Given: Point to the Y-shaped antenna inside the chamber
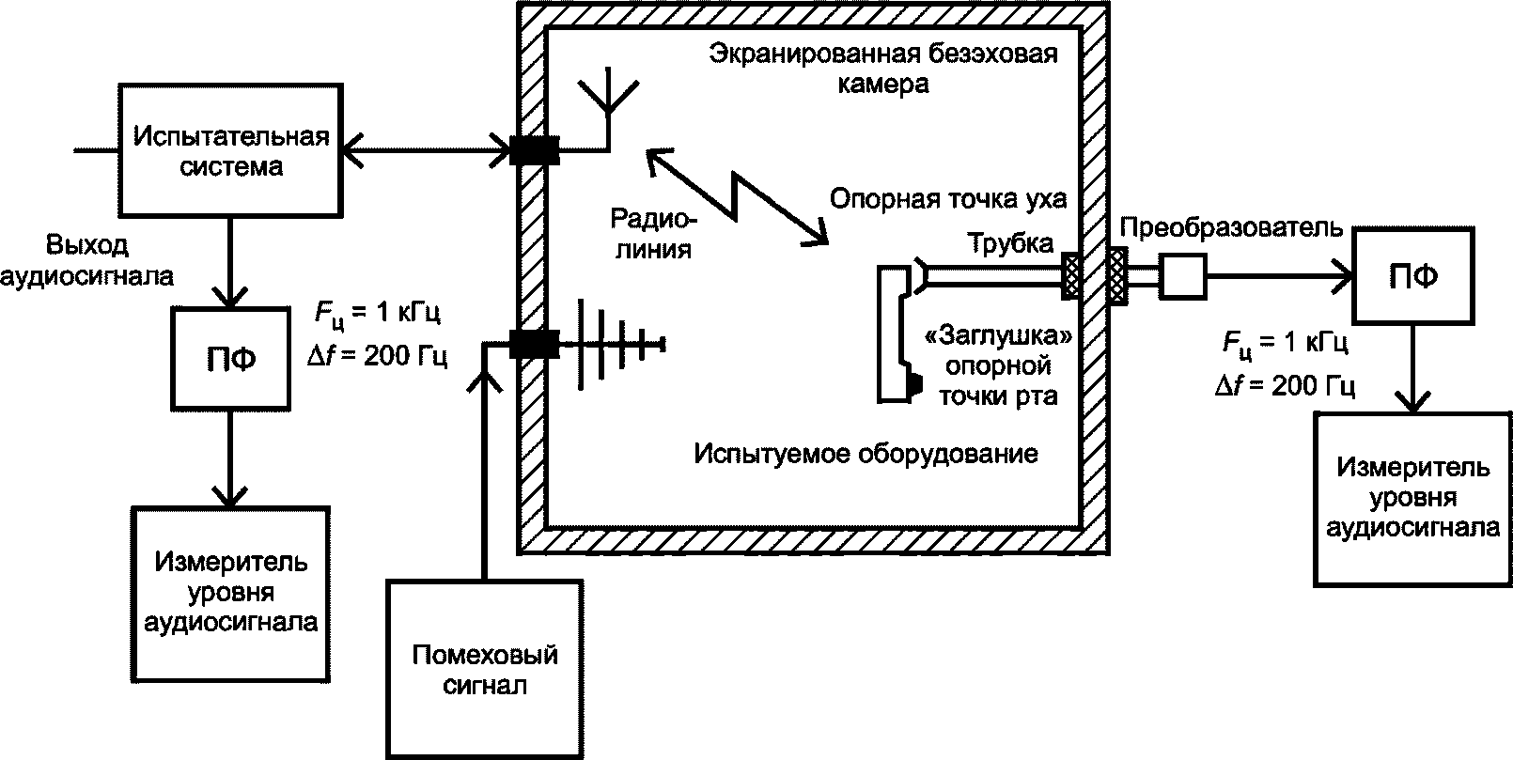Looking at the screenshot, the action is click(609, 108).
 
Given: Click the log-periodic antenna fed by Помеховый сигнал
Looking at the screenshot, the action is click(621, 344).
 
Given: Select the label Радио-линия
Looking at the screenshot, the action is click(653, 234).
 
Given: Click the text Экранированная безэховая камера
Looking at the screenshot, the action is click(882, 69).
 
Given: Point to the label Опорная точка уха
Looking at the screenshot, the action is click(947, 199).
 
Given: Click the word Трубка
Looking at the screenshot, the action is click(1010, 243).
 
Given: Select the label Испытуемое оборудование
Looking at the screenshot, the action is click(866, 454).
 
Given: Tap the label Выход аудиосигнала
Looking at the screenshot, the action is click(86, 260).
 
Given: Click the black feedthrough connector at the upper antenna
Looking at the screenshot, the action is click(535, 150).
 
